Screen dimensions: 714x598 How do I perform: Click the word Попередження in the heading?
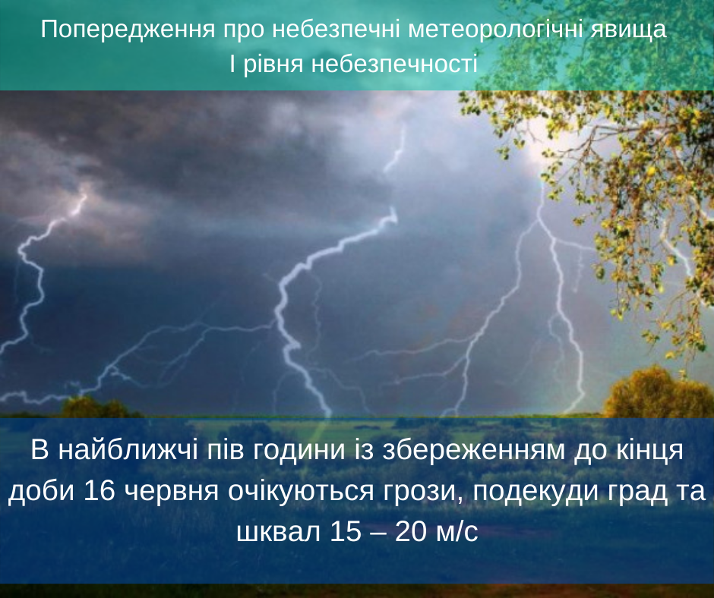[128, 29]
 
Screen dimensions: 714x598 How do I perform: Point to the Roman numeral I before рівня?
[232, 63]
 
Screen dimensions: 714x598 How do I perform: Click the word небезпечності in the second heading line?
[394, 63]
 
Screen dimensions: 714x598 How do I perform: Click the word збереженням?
[473, 452]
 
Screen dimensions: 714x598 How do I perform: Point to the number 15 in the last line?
[346, 531]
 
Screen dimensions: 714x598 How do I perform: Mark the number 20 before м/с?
[411, 531]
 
